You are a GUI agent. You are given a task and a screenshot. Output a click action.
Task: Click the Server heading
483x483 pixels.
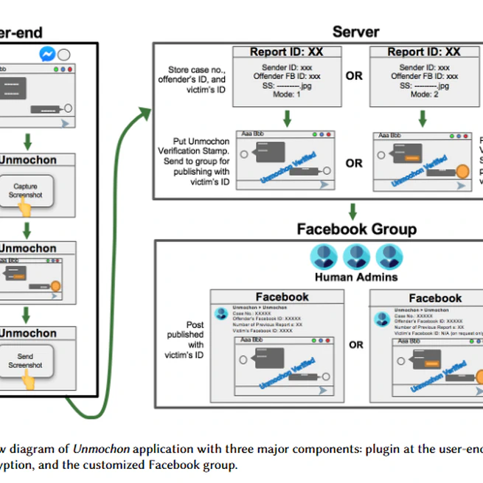pyautogui.click(x=355, y=31)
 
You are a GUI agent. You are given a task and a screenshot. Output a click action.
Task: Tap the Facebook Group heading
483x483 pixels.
pyautogui.click(x=356, y=229)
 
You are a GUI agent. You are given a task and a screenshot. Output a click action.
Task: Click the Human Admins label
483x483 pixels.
pyautogui.click(x=355, y=278)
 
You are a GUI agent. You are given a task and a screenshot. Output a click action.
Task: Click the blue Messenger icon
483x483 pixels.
pyautogui.click(x=48, y=55)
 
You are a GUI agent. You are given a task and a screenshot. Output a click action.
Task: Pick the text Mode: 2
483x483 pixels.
pyautogui.click(x=423, y=94)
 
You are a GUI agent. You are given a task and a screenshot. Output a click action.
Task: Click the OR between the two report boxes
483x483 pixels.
pyautogui.click(x=354, y=76)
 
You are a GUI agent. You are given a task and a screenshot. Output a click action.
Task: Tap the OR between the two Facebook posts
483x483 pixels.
pyautogui.click(x=356, y=344)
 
